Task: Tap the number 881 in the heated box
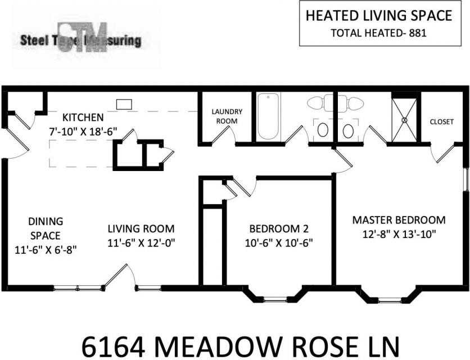(x=418, y=33)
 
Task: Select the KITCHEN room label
(x=83, y=118)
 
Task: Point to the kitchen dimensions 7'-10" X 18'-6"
(x=83, y=130)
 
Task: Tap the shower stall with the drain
(x=404, y=119)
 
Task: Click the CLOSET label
(x=441, y=121)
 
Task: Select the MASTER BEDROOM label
(x=399, y=220)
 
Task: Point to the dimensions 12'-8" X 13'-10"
(x=399, y=233)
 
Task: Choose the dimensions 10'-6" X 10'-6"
(x=279, y=242)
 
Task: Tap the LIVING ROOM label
(x=141, y=229)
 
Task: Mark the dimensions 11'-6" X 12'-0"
(x=141, y=242)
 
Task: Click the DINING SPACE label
(x=46, y=228)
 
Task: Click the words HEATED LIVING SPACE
(x=378, y=16)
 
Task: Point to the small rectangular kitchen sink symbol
(x=124, y=104)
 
